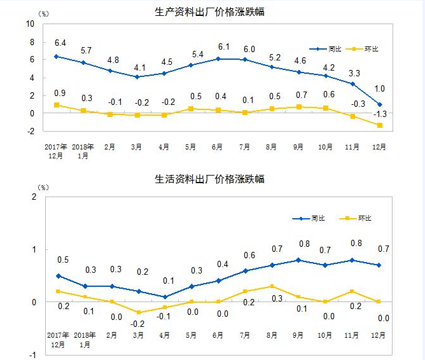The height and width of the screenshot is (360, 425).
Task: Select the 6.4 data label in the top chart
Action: [60, 43]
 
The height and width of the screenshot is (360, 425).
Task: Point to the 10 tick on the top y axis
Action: [30, 24]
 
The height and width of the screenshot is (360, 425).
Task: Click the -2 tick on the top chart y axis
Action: [30, 131]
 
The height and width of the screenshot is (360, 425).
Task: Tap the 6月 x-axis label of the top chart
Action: [217, 146]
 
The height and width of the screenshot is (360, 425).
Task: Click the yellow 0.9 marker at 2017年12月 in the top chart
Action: [57, 105]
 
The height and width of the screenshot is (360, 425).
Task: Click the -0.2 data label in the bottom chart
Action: [137, 323]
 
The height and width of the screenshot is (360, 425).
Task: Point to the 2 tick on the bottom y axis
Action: [34, 197]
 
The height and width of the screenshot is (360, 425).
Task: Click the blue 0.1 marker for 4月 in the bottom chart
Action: [165, 297]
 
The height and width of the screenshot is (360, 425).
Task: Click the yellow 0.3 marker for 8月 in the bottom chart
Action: [272, 286]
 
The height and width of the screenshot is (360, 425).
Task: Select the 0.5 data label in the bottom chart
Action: [62, 260]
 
